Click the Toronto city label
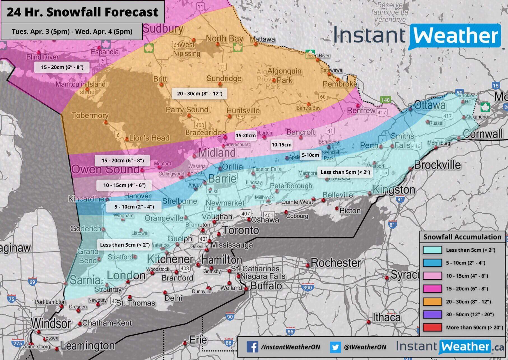pos(241,230)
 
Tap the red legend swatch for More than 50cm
pos(432,327)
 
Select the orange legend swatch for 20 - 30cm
pos(432,301)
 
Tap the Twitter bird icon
pos(335,347)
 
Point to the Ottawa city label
pos(430,105)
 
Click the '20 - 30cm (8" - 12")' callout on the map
pos(200,93)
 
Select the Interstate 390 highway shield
pos(307,287)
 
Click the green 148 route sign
pos(385,100)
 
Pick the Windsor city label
pos(51,323)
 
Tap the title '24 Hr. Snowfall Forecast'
pos(83,12)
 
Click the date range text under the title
pos(72,31)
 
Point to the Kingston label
pos(394,190)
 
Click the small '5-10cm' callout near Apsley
pos(310,155)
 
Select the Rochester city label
pos(336,263)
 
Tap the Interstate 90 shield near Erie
pos(230,317)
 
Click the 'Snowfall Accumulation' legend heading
pos(462,237)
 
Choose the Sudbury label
pos(163,29)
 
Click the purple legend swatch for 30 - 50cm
pos(432,314)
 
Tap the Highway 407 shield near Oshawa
pos(245,214)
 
